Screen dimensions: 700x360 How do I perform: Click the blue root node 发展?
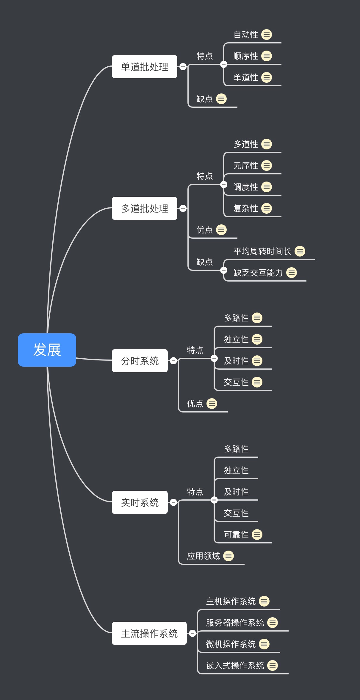pos(47,350)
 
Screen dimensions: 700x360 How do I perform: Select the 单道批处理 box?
pos(144,67)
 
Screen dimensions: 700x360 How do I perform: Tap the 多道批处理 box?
pos(144,208)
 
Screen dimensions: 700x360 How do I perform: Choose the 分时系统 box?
pos(140,361)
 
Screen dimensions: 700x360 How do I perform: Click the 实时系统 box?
pos(140,502)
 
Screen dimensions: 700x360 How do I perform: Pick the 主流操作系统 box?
pos(149,633)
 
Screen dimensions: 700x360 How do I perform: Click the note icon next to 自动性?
pos(267,35)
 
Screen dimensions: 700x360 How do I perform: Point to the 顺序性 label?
pos(245,56)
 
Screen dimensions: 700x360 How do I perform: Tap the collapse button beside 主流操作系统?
pos(192,633)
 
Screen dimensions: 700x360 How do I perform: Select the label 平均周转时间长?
pos(262,251)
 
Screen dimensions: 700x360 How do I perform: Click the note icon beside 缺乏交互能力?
pos(292,273)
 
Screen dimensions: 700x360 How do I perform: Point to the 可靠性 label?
pos(236,535)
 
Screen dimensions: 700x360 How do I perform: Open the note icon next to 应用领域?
pos(228,556)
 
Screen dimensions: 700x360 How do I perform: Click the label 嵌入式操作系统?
pos(235,665)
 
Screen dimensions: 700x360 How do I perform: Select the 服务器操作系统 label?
pos(235,623)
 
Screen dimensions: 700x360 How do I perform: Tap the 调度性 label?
pos(245,187)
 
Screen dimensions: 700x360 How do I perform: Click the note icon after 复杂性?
pos(267,208)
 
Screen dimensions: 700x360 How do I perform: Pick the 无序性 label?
pos(245,165)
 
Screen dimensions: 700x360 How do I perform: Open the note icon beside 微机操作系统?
pos(264,644)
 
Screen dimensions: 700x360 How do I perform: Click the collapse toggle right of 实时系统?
pos(173,502)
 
